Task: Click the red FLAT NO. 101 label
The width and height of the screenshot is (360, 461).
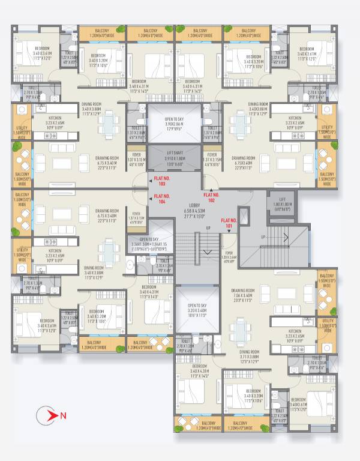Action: (x=229, y=223)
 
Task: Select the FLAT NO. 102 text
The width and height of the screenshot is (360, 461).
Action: (x=212, y=197)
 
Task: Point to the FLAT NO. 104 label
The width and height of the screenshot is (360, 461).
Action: (x=162, y=199)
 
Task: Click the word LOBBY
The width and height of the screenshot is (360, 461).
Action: (x=197, y=205)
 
